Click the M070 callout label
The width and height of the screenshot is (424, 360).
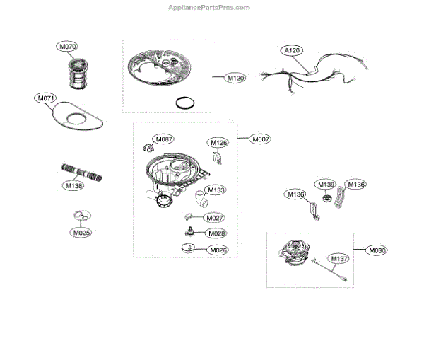point(68,47)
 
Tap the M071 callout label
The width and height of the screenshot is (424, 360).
point(44,99)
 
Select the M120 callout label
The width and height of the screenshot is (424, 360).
point(235,78)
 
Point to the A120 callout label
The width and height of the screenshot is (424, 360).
point(292,51)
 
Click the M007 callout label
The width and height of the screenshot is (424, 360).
point(261,139)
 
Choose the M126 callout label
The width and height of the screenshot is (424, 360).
point(219,144)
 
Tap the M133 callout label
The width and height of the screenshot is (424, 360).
point(217,190)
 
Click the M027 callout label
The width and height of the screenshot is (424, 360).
point(216,219)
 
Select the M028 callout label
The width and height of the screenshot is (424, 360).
point(216,233)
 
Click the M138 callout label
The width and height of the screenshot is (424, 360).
point(73,186)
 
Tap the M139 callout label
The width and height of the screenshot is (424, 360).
point(326,185)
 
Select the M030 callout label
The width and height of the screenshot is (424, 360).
point(377,250)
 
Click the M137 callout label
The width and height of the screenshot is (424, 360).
point(335,259)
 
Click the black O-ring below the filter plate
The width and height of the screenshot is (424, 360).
point(184,103)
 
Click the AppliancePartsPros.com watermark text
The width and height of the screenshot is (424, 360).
point(208,7)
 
